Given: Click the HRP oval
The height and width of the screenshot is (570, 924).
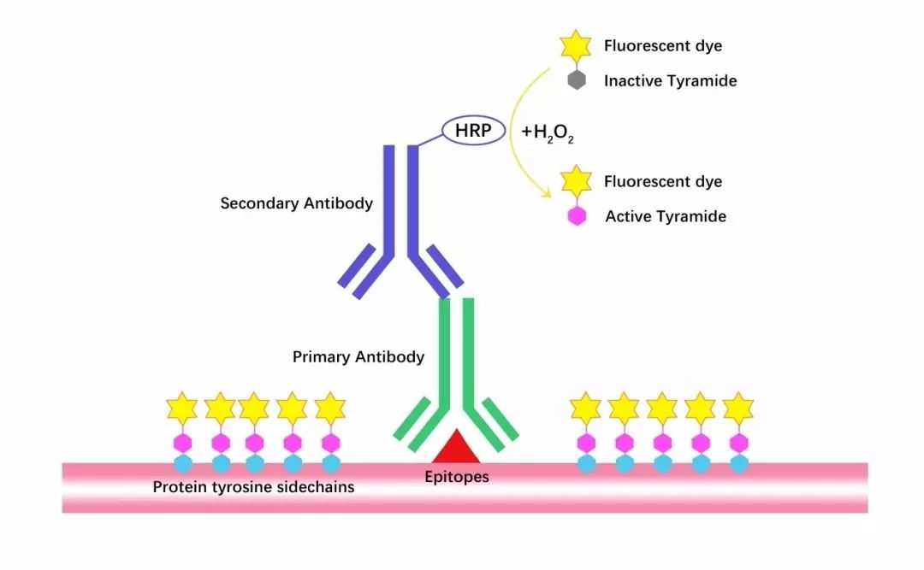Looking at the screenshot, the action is [x=473, y=130].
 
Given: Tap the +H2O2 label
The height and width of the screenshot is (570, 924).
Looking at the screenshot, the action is [x=548, y=133].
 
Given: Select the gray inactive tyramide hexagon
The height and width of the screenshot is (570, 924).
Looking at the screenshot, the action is [x=577, y=80].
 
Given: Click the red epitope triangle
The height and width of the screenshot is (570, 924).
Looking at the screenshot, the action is [x=455, y=446].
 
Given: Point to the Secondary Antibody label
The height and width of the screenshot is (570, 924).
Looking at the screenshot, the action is [x=296, y=203].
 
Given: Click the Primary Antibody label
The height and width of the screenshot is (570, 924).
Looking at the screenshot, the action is [x=358, y=357].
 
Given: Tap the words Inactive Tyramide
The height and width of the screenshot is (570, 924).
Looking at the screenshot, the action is [x=670, y=80].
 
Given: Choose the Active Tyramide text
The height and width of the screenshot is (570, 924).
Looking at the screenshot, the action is [x=666, y=216].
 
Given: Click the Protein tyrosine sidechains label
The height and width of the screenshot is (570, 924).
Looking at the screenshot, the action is [x=253, y=487].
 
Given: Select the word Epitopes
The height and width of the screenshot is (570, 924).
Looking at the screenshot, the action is [x=457, y=476].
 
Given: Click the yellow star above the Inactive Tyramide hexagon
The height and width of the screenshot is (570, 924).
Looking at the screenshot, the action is [x=576, y=45].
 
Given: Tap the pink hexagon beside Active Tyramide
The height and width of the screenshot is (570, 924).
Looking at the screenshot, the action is [x=577, y=215].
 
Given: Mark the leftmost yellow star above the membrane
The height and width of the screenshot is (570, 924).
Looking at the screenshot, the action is [x=182, y=408].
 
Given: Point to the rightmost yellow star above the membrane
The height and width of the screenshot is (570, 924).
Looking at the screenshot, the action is [x=738, y=408].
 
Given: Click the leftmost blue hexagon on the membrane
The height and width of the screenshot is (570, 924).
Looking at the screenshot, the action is [x=183, y=463].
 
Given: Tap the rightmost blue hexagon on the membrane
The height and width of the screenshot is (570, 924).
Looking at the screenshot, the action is [x=739, y=463].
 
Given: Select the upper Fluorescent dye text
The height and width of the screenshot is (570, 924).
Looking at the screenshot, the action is [x=663, y=46].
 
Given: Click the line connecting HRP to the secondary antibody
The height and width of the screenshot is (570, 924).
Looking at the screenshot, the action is [x=429, y=140].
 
